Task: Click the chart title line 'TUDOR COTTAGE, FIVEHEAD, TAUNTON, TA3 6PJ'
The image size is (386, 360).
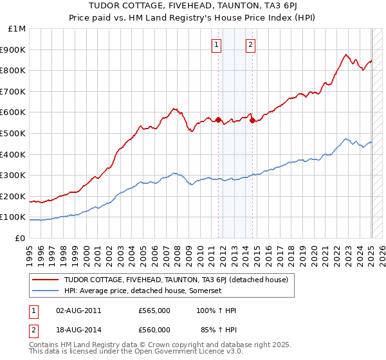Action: tap(192, 6)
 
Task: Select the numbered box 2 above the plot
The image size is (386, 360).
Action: tap(250, 44)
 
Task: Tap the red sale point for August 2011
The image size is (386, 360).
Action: tap(219, 120)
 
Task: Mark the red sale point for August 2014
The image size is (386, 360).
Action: tap(252, 120)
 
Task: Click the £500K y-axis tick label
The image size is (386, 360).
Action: tap(14, 134)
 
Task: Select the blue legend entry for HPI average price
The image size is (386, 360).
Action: tap(142, 291)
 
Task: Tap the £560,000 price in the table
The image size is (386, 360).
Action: tap(154, 330)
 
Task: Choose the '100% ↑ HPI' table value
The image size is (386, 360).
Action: tap(216, 310)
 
